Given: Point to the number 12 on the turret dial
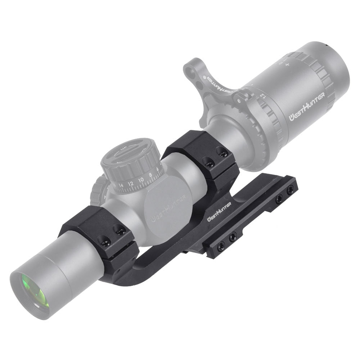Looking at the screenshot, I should point(130,183).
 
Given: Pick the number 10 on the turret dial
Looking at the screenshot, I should point(141,179).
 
